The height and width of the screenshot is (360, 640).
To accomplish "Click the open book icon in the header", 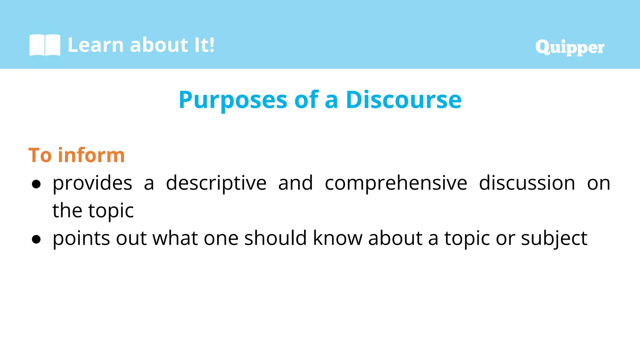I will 45,45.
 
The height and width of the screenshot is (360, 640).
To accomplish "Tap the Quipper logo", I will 570,47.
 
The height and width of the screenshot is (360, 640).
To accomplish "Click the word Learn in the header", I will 96,45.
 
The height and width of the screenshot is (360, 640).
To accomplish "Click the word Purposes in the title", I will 233,100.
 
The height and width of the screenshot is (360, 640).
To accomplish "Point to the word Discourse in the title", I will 403,100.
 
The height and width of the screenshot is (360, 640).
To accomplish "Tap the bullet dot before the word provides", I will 36,184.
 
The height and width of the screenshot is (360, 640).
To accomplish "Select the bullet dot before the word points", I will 36,239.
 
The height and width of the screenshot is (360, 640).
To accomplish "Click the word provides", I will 92,183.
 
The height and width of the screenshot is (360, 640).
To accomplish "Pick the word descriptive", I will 216,183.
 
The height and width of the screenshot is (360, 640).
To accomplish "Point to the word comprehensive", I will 396,183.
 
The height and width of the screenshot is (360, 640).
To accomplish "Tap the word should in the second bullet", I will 275,238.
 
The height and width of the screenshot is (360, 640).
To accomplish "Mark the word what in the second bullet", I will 175,238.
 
